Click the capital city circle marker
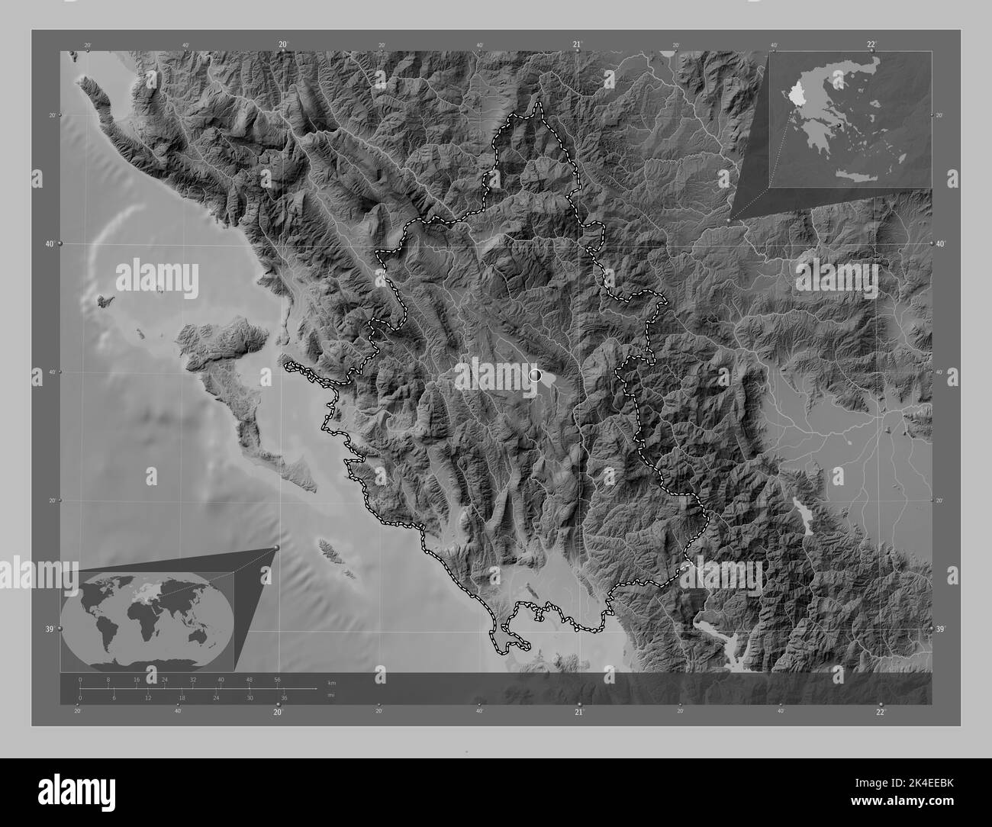point(534,375)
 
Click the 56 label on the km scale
point(277,679)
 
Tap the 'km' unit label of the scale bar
point(331,681)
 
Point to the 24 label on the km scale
point(165,679)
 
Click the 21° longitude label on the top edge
point(578,45)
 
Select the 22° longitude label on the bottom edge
point(881,712)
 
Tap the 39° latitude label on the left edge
point(50,629)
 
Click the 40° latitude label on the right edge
point(940,243)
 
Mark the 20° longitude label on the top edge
point(283,45)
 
